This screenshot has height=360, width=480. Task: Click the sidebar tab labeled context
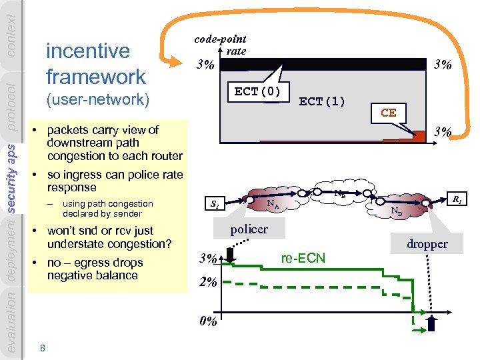(x=12, y=20)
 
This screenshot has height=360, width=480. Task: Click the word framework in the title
(x=95, y=76)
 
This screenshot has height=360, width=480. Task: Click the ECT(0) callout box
(x=257, y=91)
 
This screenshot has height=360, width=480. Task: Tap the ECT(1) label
(x=322, y=101)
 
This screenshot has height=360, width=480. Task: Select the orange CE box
(x=389, y=113)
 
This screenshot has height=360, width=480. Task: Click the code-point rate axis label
(x=221, y=45)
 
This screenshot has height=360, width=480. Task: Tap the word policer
(x=249, y=229)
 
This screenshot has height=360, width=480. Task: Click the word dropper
(x=427, y=244)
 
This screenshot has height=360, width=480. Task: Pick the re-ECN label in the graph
(x=303, y=258)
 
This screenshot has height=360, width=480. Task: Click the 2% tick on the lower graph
(x=208, y=282)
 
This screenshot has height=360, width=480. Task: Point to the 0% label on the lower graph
(x=208, y=321)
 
